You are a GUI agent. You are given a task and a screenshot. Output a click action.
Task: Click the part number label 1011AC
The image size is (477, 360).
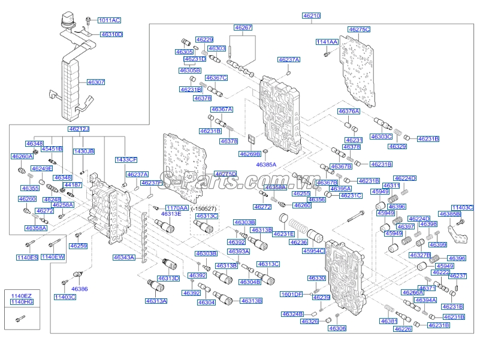tap(109, 20)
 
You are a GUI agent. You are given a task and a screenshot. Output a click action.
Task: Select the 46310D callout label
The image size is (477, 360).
tap(111, 35)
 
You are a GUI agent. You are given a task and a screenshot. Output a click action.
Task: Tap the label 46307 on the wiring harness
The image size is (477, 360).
tap(96, 81)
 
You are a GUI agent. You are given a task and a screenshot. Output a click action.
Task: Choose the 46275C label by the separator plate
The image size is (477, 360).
tap(359, 29)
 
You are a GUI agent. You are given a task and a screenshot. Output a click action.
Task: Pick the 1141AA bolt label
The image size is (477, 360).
tap(327, 42)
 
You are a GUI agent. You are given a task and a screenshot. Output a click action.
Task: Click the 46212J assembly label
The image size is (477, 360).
tap(79, 129)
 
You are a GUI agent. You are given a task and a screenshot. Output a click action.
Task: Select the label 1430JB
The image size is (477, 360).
tap(84, 152)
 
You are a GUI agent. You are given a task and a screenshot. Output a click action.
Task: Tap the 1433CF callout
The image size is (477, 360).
tap(126, 159)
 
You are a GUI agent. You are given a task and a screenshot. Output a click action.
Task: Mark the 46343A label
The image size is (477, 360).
tap(124, 257)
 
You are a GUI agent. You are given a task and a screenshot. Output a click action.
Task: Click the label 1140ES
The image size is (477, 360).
tap(27, 257)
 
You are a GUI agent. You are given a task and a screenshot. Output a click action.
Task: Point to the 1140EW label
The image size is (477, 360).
tap(53, 257)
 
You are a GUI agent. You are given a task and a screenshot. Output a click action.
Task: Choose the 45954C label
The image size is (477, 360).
tap(312, 251)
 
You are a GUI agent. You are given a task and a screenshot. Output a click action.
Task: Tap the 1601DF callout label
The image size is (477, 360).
tap(292, 294)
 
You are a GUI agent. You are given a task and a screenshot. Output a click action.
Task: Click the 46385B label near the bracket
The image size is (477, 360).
tap(449, 214)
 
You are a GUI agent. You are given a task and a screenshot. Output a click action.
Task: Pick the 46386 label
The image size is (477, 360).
tap(79, 289)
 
